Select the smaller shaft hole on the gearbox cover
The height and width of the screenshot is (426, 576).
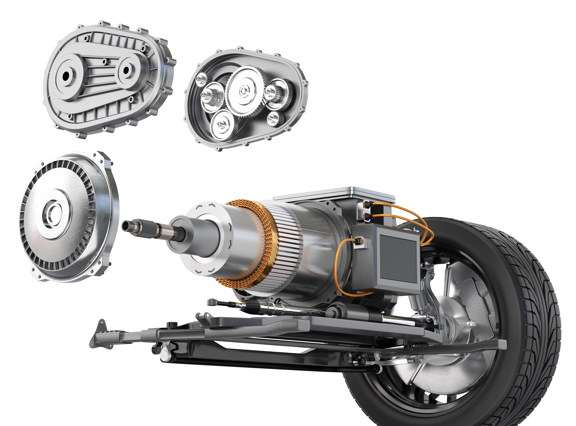coord(126,70)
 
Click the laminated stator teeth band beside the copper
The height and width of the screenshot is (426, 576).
coord(286,248)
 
